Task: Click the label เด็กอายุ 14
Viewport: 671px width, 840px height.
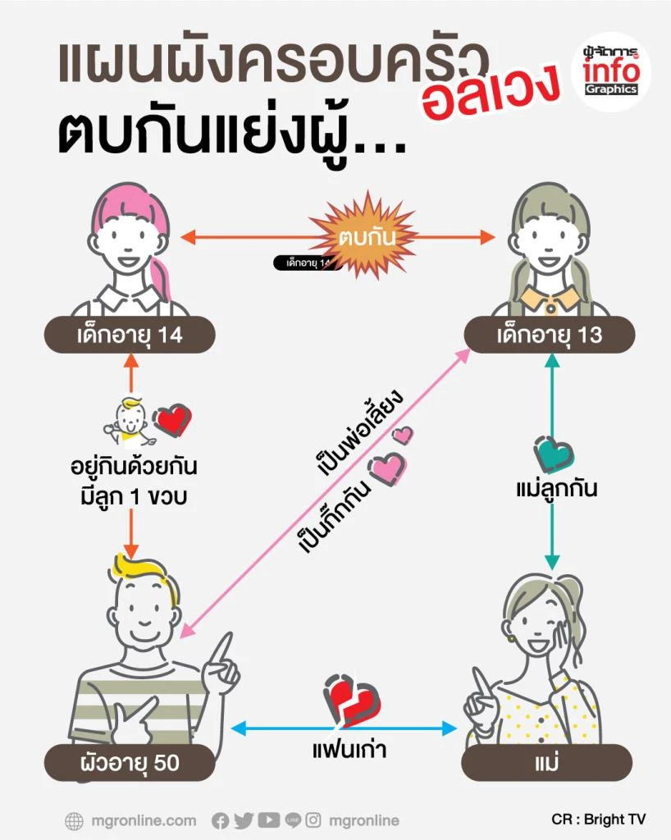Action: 130,335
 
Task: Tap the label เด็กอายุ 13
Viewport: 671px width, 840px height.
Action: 549,335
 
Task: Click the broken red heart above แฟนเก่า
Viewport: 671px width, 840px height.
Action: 350,700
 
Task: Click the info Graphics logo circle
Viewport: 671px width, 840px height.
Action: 610,72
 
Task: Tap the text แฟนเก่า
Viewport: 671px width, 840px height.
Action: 345,749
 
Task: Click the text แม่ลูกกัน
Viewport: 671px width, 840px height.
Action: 556,490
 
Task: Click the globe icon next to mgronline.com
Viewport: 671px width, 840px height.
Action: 74,820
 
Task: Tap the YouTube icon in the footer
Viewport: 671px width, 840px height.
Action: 268,820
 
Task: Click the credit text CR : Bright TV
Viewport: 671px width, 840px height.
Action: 598,819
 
